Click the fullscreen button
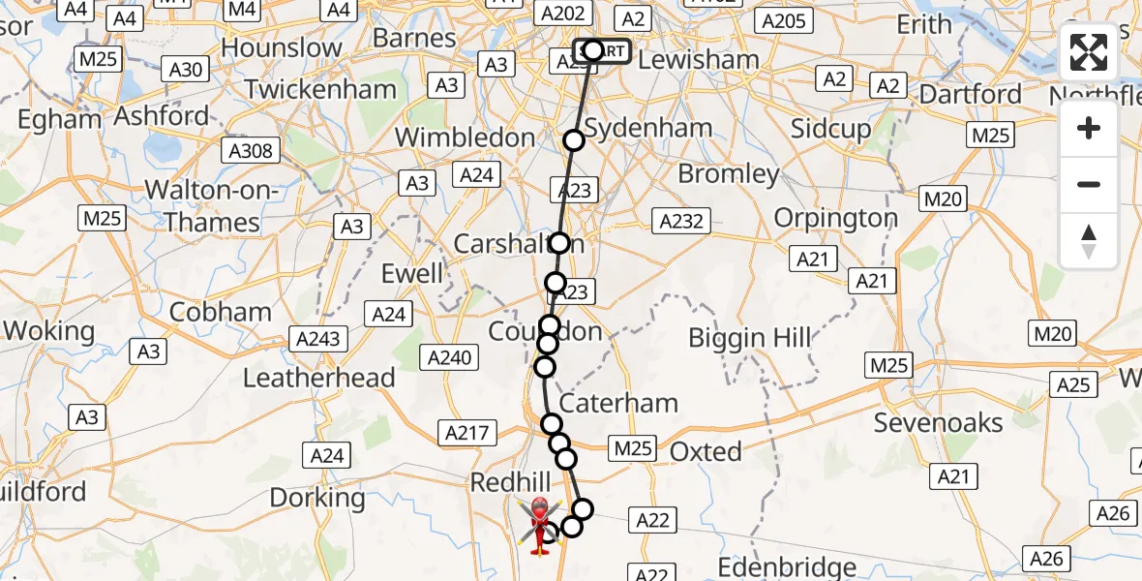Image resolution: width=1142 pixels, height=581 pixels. click(1089, 53)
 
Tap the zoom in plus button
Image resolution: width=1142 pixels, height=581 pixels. click(1089, 128)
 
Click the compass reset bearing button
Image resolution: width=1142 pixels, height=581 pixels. click(1089, 241)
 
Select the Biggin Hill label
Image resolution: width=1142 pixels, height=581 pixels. click(750, 339)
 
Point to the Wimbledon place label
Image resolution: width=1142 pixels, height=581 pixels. click(466, 138)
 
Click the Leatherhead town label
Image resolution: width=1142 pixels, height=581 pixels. click(319, 378)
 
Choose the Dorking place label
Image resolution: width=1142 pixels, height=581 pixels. click(317, 499)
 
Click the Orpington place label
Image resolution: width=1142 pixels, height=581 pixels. click(836, 218)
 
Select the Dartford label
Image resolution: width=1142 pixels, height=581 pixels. click(970, 95)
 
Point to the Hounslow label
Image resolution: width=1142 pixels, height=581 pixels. click(282, 47)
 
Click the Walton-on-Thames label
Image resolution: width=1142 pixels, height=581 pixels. click(212, 206)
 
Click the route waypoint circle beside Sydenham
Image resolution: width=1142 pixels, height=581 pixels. click(574, 140)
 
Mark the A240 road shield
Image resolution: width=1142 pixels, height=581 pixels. click(449, 358)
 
